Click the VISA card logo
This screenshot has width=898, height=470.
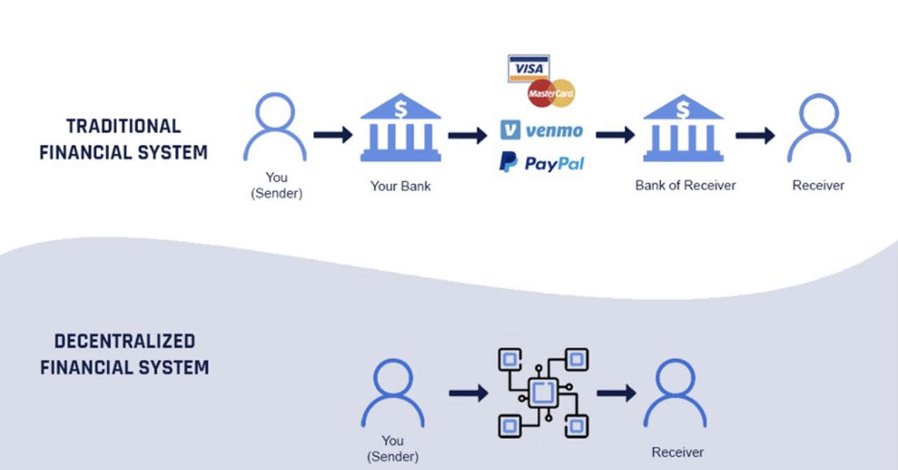pyautogui.click(x=529, y=69)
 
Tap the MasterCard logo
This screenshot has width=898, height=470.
pyautogui.click(x=552, y=93)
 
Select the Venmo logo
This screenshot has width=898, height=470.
pyautogui.click(x=541, y=130)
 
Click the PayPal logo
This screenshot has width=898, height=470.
pyautogui.click(x=541, y=163)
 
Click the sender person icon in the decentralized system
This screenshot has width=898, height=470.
pyautogui.click(x=392, y=392)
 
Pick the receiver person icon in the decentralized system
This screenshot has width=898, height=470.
pyautogui.click(x=675, y=392)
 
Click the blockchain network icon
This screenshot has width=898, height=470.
pyautogui.click(x=543, y=392)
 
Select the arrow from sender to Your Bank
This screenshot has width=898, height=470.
pyautogui.click(x=333, y=135)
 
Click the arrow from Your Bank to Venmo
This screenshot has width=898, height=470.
pyautogui.click(x=467, y=135)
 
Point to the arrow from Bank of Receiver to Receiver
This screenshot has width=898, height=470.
pyautogui.click(x=755, y=135)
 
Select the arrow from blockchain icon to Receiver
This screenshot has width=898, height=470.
pyautogui.click(x=616, y=393)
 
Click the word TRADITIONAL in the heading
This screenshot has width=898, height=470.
pyautogui.click(x=124, y=126)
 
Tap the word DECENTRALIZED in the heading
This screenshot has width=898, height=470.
pyautogui.click(x=124, y=341)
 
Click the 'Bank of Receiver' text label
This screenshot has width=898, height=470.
pyautogui.click(x=685, y=185)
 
